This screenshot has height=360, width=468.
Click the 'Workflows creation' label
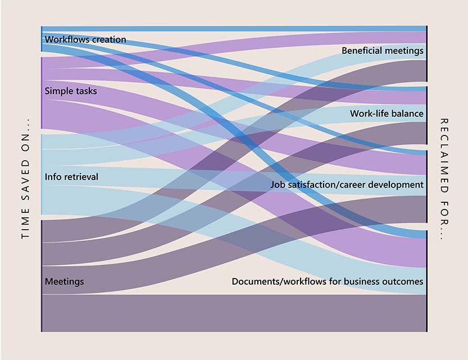(x=85, y=40)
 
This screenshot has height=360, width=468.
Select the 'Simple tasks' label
(x=70, y=91)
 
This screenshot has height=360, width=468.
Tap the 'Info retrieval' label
(x=71, y=177)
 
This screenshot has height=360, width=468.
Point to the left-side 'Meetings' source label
(x=64, y=281)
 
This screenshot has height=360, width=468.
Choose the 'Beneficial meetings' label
(x=382, y=51)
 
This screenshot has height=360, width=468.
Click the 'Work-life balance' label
(x=387, y=114)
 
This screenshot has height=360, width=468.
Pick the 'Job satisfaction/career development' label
(x=347, y=185)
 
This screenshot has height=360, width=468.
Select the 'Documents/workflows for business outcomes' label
(x=328, y=281)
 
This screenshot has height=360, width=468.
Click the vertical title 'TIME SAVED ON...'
(x=25, y=179)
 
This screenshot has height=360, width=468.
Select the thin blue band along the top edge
(x=234, y=29)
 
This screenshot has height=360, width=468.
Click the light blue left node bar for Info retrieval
(x=42, y=174)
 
